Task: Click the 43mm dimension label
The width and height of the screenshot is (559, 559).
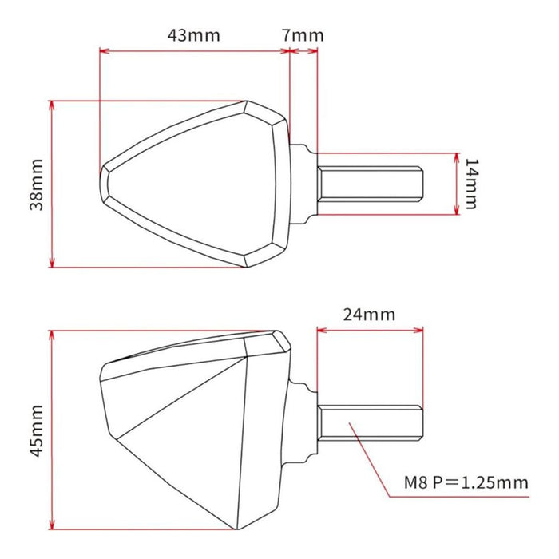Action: coord(193,36)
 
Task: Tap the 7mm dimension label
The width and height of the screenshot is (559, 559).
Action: coord(303,36)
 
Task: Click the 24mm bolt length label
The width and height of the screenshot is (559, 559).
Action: coord(368,314)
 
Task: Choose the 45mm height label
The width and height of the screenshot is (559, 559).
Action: coord(36,429)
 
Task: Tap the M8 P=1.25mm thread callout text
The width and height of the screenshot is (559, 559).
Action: coord(466,483)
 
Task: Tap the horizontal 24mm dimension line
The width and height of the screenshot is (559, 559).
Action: coord(369,328)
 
